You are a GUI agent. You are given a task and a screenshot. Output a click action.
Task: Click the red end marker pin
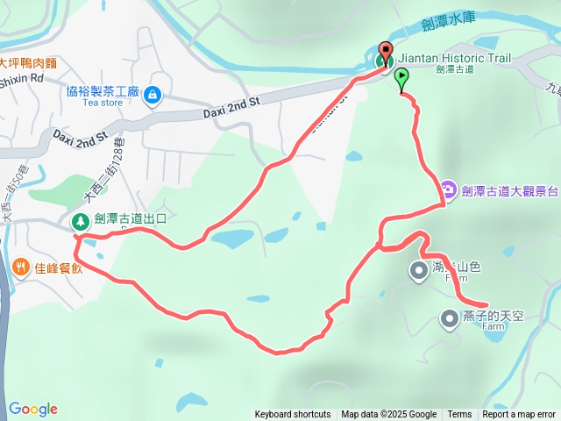click(386, 51)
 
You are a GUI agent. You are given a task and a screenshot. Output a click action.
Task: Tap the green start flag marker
click(401, 77)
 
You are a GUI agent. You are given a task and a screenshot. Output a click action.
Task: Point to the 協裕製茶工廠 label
click(103, 90)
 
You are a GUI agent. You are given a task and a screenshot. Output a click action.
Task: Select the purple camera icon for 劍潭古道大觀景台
click(447, 189)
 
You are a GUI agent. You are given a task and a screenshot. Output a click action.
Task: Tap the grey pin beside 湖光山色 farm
click(417, 270)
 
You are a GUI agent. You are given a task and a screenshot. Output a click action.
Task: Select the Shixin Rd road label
click(21, 77)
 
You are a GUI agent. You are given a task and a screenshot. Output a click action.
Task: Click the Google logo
click(33, 409)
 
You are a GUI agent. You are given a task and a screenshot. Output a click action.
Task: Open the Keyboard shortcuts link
click(293, 415)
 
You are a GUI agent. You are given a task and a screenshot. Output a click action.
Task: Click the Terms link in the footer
click(459, 415)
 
